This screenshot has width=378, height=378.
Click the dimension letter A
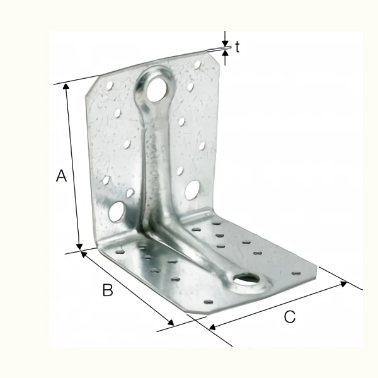[61, 176]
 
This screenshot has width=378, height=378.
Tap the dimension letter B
[108, 290]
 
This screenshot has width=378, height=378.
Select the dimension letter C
[289, 318]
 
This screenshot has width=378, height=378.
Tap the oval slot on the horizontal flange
[246, 277]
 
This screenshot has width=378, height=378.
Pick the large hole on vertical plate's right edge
[192, 188]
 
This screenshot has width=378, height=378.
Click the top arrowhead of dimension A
[66, 88]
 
